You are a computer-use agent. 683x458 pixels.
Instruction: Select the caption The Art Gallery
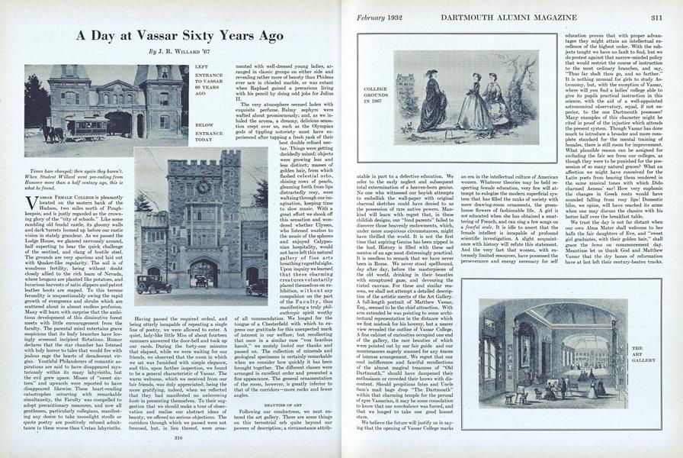639,353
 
